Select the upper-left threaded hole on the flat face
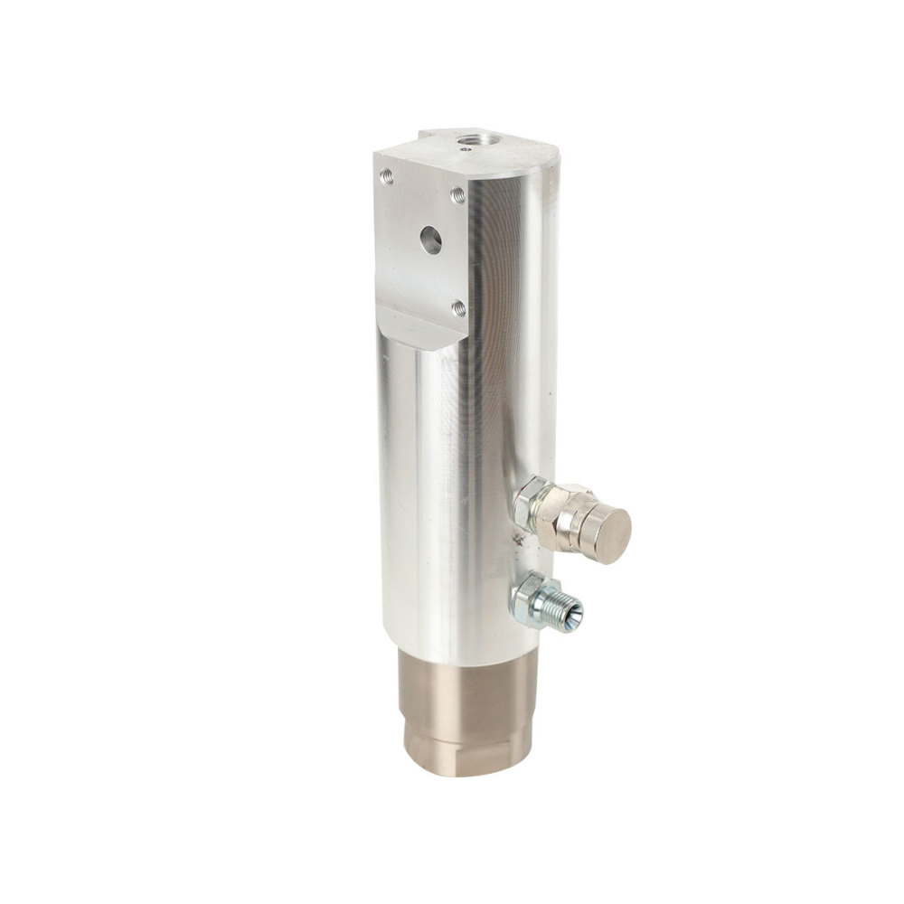click(387, 175)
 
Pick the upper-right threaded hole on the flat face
click(457, 193)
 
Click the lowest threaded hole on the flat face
click(457, 307)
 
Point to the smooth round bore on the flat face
click(430, 240)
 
